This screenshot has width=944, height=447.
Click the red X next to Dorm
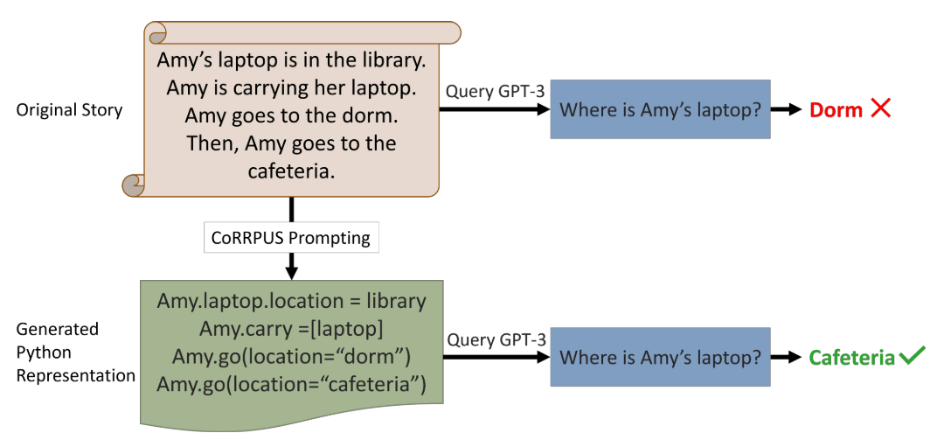tap(879, 109)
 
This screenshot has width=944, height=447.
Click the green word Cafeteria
tap(851, 358)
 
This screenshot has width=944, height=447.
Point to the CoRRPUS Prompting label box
tap(291, 238)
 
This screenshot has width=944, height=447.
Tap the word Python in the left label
tap(36, 352)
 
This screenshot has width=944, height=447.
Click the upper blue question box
tap(660, 109)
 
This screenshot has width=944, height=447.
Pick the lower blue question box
tap(660, 357)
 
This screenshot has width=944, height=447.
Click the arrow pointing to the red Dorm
tap(786, 109)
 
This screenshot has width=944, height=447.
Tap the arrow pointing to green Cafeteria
tap(786, 358)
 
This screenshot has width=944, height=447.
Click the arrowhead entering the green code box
tap(291, 272)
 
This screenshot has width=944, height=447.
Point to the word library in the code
tap(396, 301)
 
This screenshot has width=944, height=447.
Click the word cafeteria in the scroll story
tap(291, 171)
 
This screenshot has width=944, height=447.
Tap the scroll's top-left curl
tap(155, 33)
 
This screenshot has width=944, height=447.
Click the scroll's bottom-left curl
tap(135, 185)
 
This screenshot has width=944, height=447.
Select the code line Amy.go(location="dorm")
tap(291, 356)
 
